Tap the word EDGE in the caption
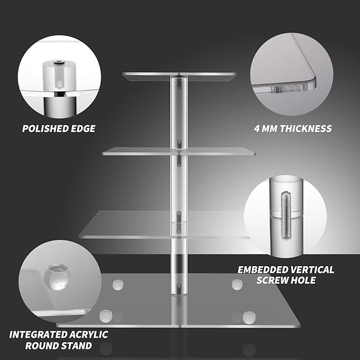point(83,128)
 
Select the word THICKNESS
point(306,128)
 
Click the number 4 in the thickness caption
point(257,128)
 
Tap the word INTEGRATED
point(38,335)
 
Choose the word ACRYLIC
point(89,335)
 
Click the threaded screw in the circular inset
point(286,215)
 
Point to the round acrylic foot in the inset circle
point(57,277)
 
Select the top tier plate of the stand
point(179,76)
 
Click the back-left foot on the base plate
point(118,285)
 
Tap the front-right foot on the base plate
point(249,318)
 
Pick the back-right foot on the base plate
point(237,285)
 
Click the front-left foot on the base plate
point(106,316)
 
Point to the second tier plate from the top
point(179,151)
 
